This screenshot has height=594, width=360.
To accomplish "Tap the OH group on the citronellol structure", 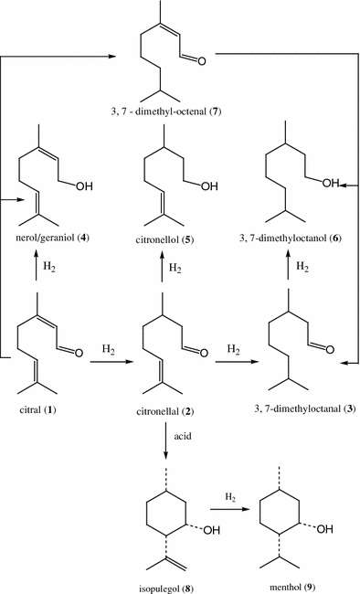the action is [x=209, y=187].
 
